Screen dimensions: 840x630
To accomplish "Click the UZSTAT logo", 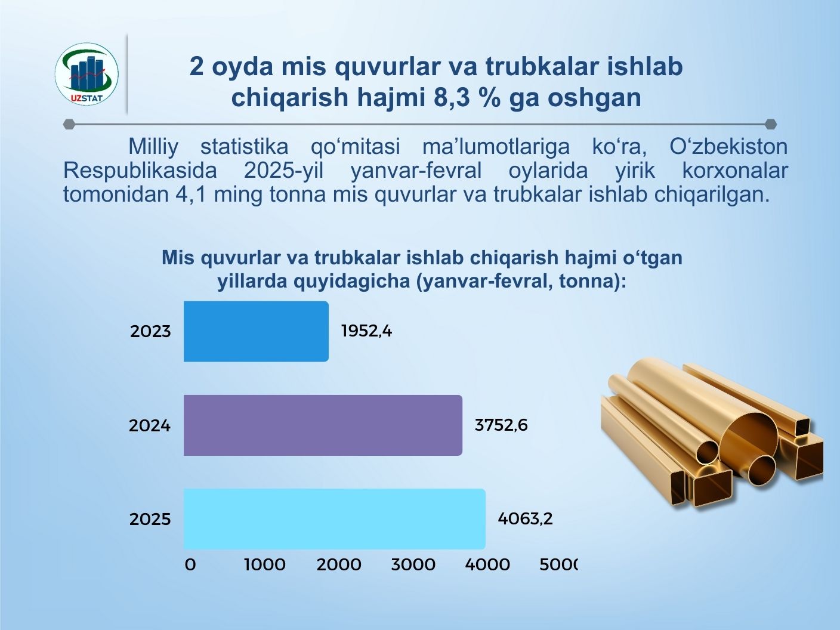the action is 87,74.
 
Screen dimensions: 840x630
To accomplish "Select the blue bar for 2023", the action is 256,331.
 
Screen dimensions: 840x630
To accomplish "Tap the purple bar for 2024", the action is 323,425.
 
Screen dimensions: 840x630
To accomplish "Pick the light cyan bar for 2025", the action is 335,518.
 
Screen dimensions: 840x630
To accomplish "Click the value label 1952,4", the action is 367,331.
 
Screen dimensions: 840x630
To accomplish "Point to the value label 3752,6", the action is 501,425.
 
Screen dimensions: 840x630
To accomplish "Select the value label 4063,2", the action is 525,518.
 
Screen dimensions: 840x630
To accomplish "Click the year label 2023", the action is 150,331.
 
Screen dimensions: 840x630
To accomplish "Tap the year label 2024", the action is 150,425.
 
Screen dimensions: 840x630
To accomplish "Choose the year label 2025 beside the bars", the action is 150,519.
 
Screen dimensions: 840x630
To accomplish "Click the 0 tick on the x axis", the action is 190,564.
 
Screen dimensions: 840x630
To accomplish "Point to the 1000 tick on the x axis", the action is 265,564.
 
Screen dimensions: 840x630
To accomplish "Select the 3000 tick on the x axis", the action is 413,564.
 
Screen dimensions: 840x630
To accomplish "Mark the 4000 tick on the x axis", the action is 487,564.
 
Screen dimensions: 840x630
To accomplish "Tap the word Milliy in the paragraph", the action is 153,147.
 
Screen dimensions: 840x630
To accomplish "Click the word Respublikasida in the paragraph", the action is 140,171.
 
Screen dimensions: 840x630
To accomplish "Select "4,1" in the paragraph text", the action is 191,194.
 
